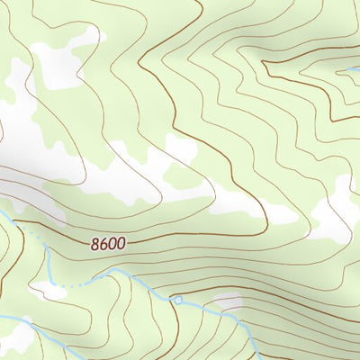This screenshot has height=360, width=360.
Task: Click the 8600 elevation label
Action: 107,243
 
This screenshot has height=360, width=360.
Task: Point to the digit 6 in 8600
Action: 103,243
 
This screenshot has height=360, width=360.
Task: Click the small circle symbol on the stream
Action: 178,300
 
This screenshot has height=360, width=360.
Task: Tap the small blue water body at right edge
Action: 351,69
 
